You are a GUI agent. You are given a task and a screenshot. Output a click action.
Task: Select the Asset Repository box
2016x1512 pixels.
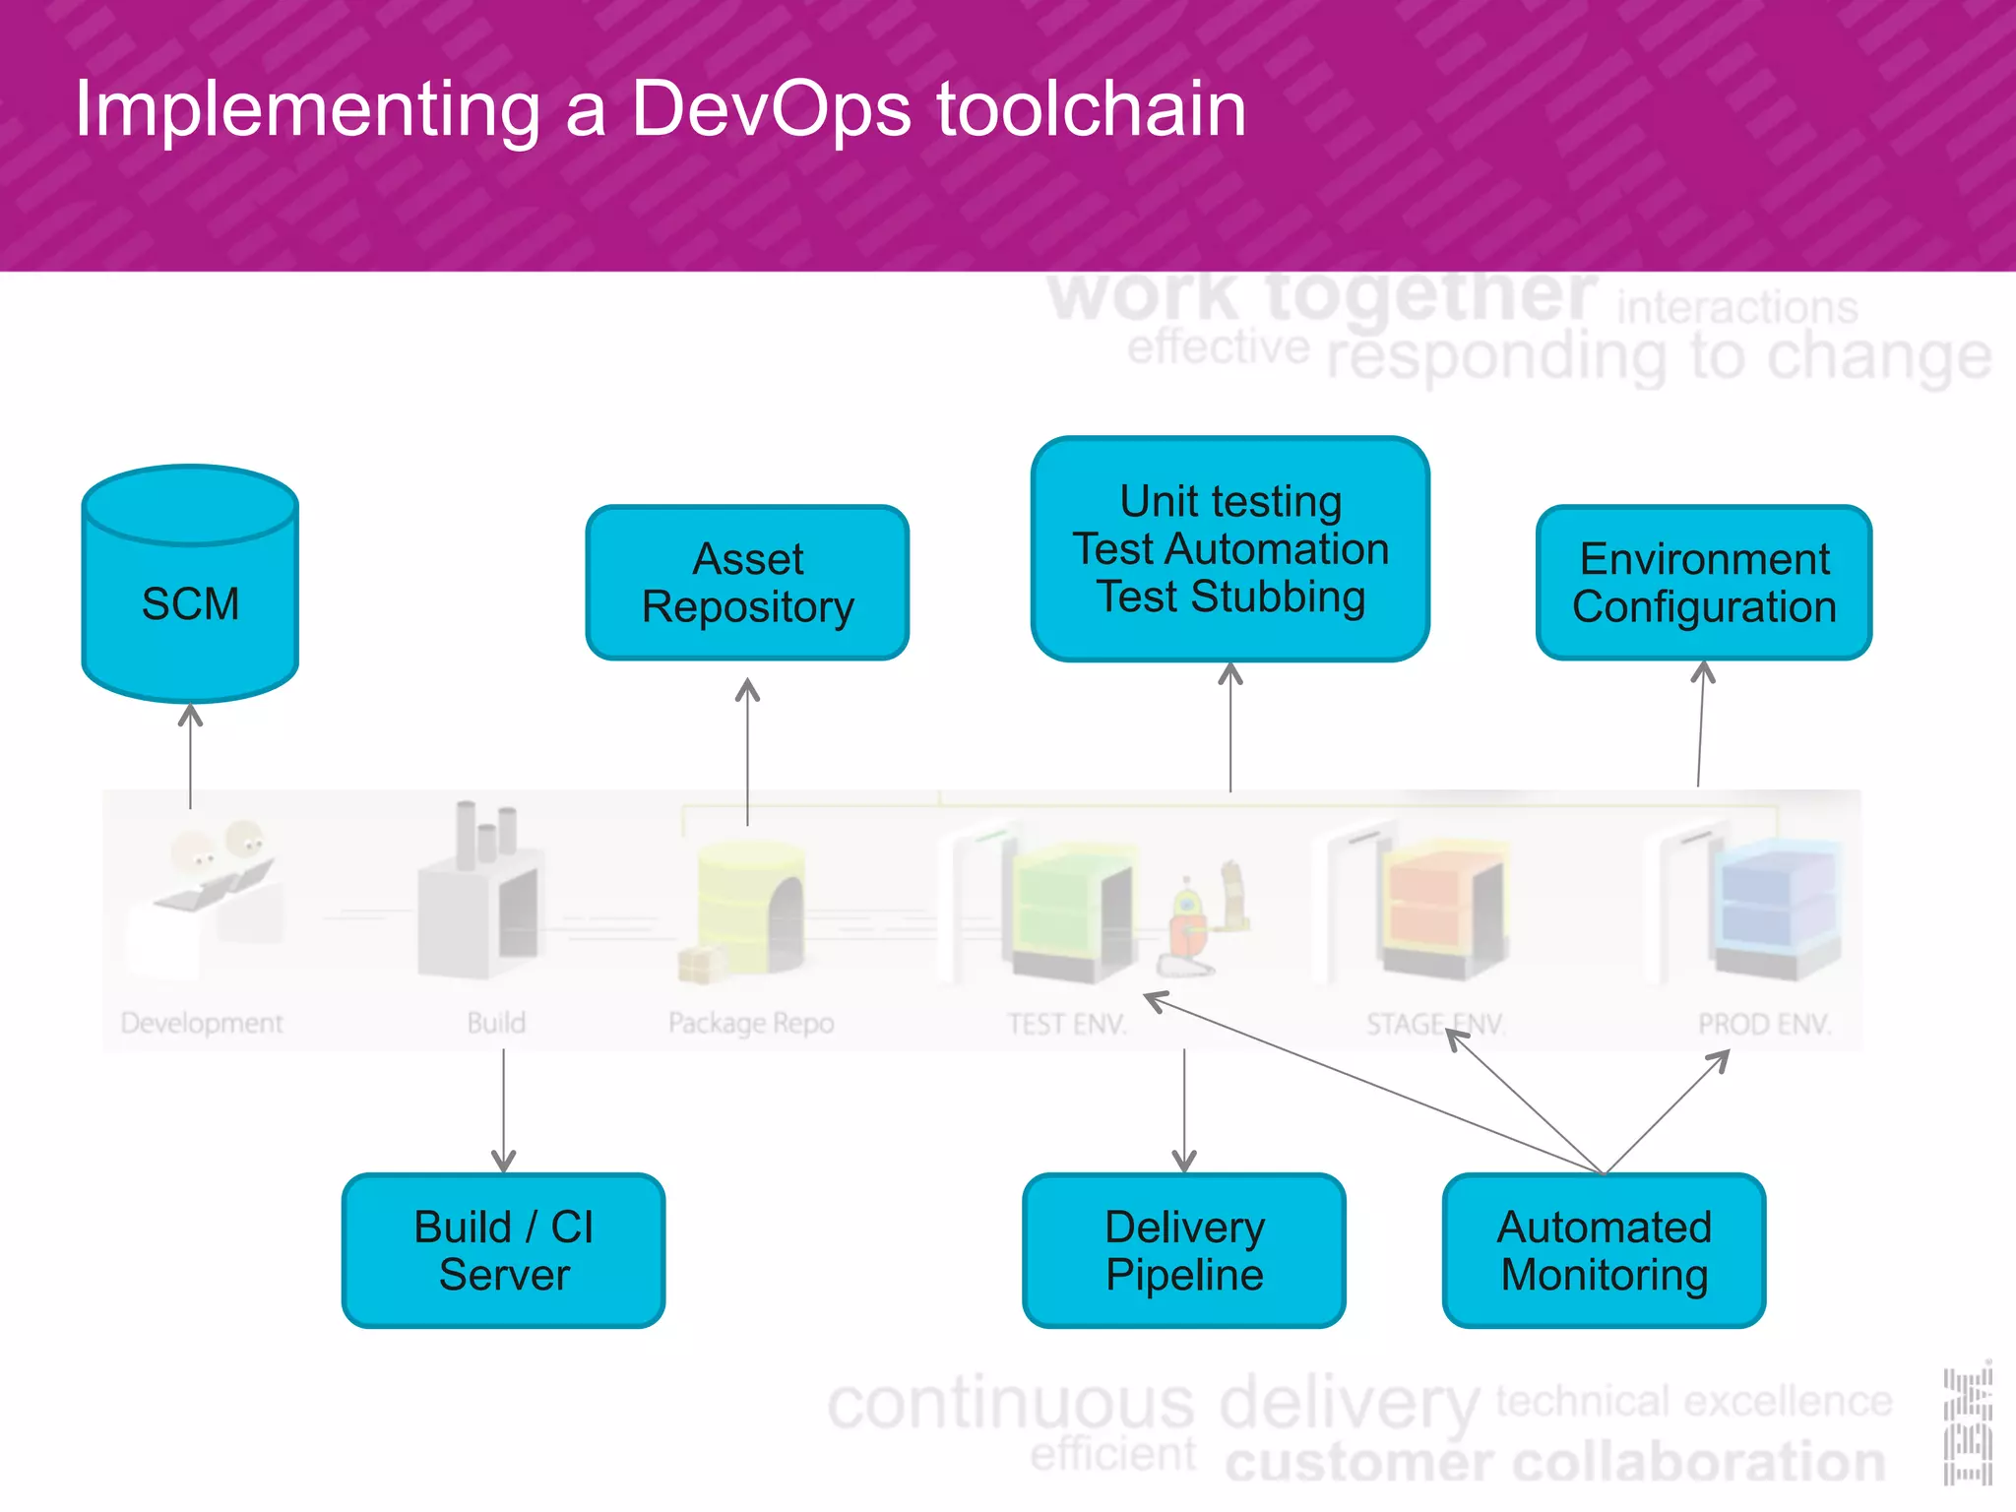tap(747, 583)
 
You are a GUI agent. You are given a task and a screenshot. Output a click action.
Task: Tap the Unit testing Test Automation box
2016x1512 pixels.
tap(1230, 549)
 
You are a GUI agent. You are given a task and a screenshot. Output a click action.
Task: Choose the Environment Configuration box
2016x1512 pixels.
tap(1704, 583)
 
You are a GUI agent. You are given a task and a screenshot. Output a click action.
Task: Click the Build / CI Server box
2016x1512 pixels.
tap(503, 1250)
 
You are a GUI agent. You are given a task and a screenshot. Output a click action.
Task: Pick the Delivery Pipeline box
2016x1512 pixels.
tap(1184, 1250)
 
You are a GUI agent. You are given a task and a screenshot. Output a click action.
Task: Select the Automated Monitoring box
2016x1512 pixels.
tap(1604, 1250)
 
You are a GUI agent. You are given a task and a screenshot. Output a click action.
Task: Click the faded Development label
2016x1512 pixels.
tap(202, 1023)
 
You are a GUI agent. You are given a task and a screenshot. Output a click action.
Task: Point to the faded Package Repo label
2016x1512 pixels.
tap(751, 1023)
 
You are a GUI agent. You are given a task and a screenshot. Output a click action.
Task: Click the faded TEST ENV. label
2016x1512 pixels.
tap(1066, 1024)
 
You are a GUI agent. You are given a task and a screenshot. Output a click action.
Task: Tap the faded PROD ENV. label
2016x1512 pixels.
tap(1764, 1024)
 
